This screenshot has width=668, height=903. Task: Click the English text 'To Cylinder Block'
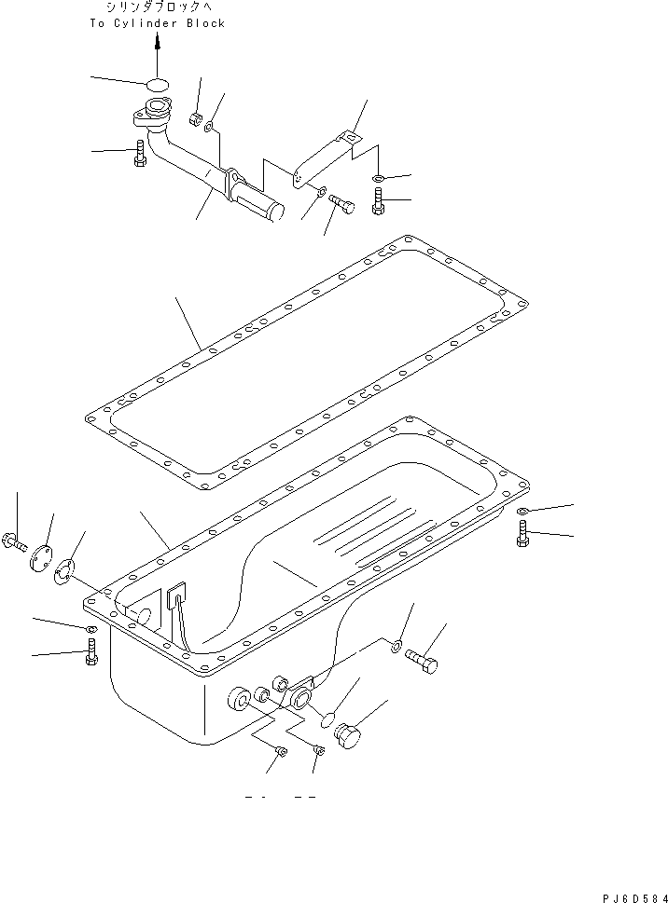coord(157,23)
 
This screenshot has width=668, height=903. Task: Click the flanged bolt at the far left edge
coord(16,541)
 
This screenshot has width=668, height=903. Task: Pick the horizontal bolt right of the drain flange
coord(423,662)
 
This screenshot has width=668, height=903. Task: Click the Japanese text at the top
coord(157,7)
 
